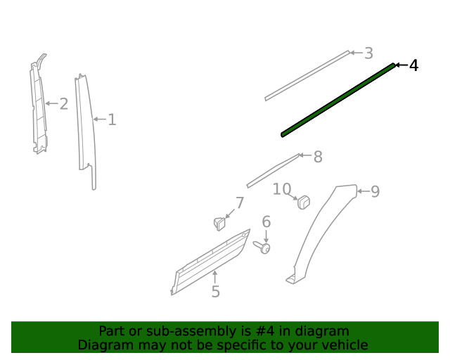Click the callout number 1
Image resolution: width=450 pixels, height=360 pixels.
point(112,120)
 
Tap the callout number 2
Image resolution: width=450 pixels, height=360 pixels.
point(63,104)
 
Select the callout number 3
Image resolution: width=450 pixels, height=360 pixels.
point(368,53)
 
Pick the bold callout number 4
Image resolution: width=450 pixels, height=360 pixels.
point(413,65)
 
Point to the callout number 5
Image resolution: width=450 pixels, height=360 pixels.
point(215,292)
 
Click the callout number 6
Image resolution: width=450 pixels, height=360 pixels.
point(266,222)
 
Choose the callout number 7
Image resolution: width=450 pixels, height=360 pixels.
point(240,203)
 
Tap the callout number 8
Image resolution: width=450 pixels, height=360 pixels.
point(318,157)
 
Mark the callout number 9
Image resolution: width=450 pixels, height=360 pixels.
point(375,191)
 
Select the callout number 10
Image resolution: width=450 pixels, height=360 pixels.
point(282,188)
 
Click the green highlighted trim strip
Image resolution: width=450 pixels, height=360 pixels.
point(337,98)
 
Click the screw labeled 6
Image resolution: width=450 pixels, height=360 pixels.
point(263,247)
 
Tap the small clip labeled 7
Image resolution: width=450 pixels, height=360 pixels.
point(219,224)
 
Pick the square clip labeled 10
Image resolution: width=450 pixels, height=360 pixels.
point(304,202)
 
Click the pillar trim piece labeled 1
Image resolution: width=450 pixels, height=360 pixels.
point(86,127)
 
